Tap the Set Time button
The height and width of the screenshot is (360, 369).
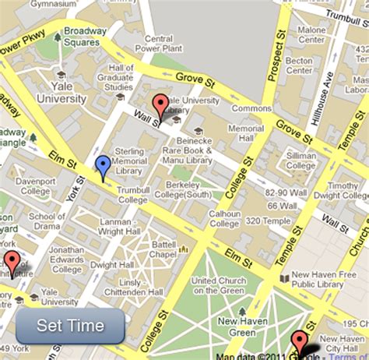click(x=70, y=326)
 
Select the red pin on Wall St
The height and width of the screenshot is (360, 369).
click(x=160, y=105)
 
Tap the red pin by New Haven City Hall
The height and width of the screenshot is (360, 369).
click(x=299, y=341)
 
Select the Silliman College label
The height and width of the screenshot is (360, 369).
click(x=300, y=160)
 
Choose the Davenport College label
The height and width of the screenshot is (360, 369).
click(x=36, y=186)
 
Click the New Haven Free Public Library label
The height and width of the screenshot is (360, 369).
click(x=323, y=280)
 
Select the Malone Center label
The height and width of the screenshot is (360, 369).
click(x=311, y=36)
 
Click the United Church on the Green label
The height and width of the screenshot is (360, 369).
click(x=222, y=285)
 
